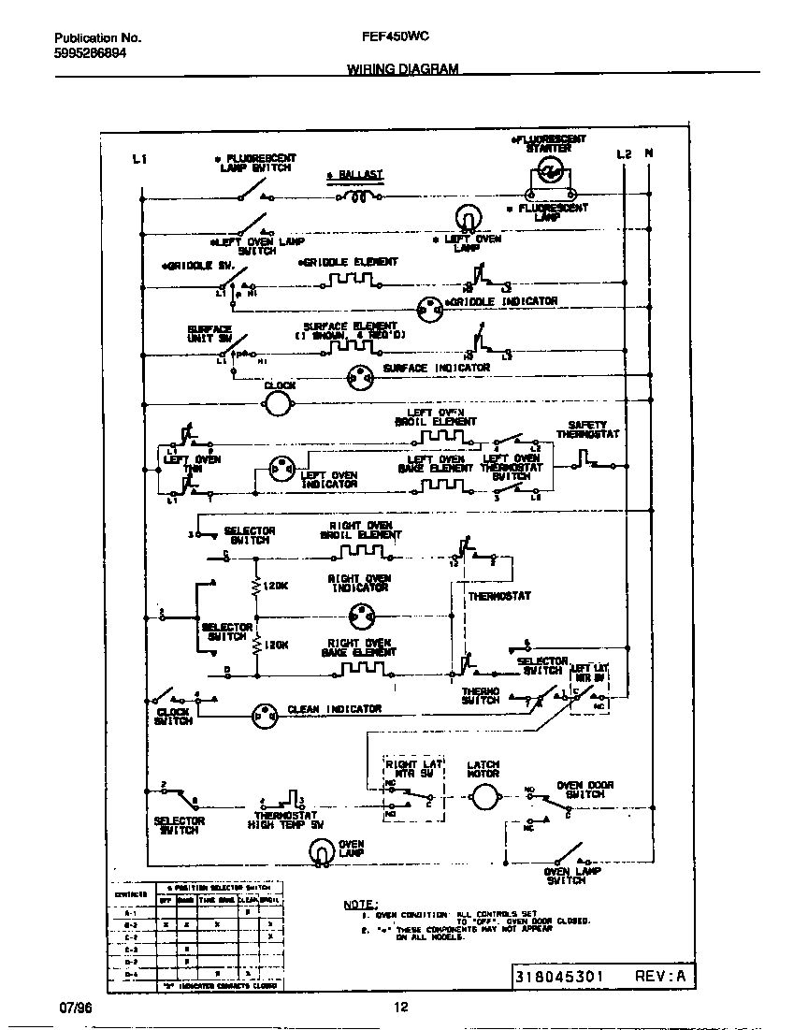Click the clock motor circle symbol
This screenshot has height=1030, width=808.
click(x=278, y=403)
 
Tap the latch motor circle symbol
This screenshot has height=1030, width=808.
click(x=483, y=798)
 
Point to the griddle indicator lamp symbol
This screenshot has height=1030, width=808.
click(x=429, y=305)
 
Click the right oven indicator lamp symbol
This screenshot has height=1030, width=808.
click(x=359, y=615)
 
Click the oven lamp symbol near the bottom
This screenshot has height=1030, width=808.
click(x=321, y=850)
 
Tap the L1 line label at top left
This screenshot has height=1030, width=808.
click(x=139, y=160)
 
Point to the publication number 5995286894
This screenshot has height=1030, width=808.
click(x=90, y=53)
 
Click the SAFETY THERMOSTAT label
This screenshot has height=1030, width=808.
click(x=587, y=429)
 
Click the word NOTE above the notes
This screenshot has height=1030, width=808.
click(x=358, y=905)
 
